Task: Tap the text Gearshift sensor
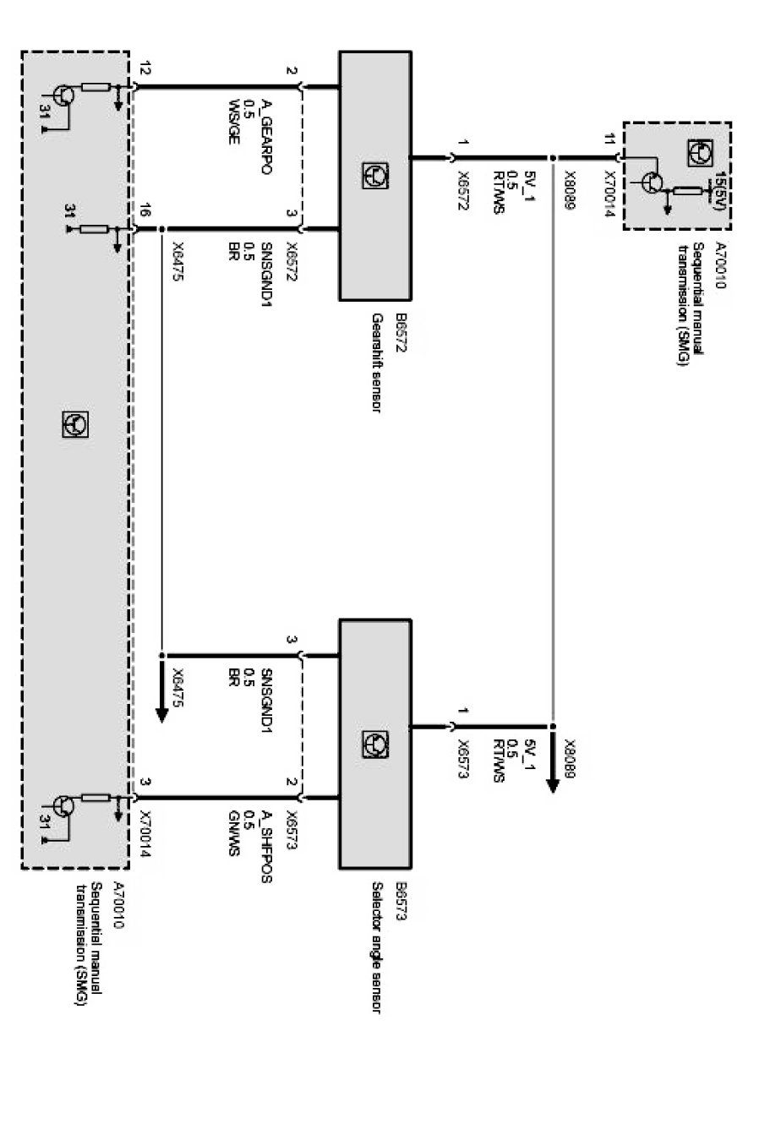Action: [378, 363]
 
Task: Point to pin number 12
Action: [145, 69]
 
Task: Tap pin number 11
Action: [609, 139]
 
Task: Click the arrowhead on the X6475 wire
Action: [161, 715]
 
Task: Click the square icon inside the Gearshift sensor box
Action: [374, 176]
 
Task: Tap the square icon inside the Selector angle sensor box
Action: [374, 744]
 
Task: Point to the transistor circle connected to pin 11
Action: [652, 182]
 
